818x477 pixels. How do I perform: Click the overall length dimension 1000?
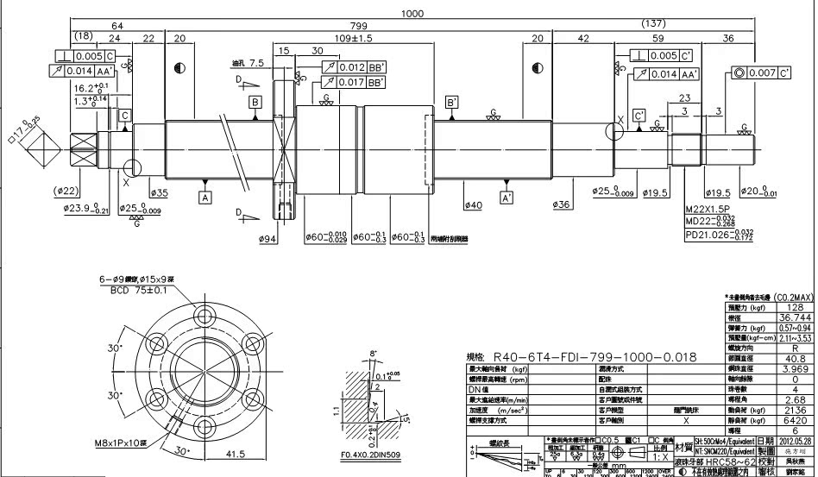[413, 13]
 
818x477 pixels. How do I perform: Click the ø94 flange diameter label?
[267, 239]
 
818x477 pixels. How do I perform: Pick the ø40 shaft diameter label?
[473, 205]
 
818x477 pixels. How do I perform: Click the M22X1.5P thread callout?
[706, 210]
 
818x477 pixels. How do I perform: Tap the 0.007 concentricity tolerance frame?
[761, 73]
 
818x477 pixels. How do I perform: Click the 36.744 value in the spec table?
[794, 317]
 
